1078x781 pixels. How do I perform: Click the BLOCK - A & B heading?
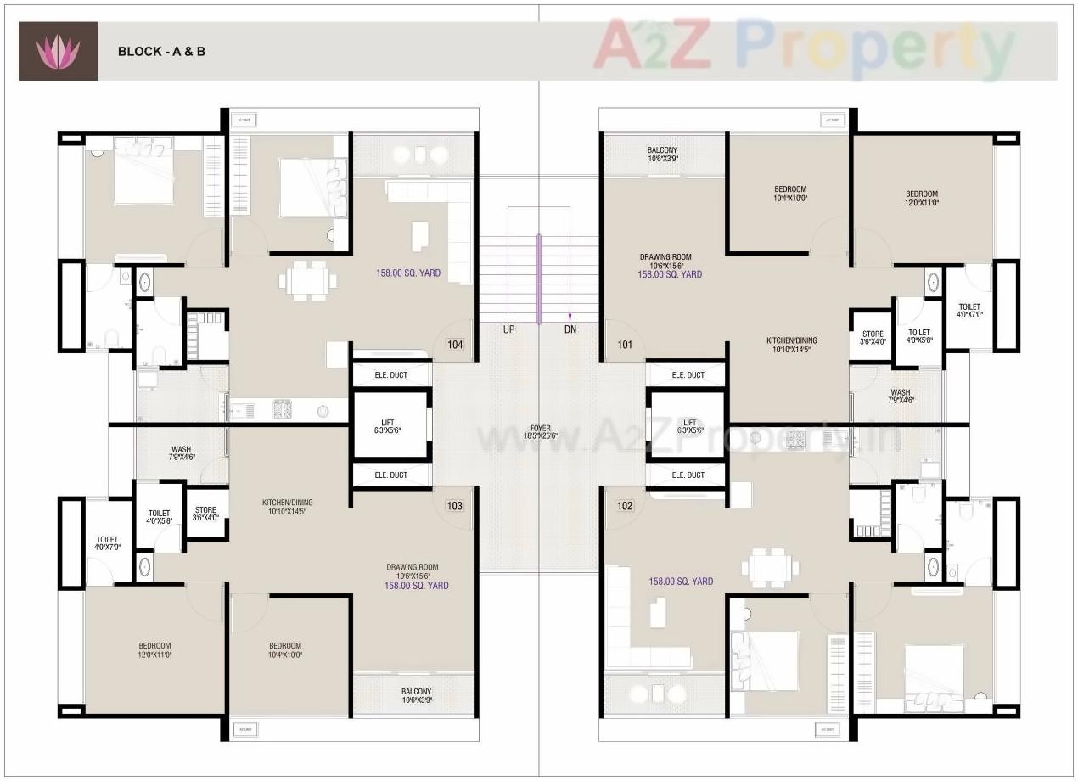click(161, 51)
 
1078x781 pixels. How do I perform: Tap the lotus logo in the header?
click(58, 52)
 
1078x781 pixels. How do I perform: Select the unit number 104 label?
click(455, 345)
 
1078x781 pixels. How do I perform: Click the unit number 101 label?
click(625, 345)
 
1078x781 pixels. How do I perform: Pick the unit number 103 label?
click(455, 506)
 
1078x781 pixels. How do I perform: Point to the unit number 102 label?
click(625, 506)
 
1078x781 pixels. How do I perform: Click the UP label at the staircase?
click(508, 329)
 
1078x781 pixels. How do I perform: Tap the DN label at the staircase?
click(570, 329)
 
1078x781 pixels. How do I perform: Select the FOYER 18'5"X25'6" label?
click(541, 431)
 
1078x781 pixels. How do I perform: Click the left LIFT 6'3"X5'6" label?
click(390, 426)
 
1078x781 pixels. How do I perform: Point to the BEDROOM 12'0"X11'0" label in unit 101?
click(921, 199)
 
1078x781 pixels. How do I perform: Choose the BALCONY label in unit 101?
click(662, 154)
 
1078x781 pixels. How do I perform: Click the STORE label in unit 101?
click(873, 338)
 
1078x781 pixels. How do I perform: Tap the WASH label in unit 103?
click(182, 453)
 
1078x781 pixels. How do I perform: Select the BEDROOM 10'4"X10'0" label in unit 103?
click(285, 650)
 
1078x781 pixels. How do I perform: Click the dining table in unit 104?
click(308, 281)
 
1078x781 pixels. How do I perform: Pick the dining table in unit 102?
click(770, 567)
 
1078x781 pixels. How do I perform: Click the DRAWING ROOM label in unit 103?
click(413, 571)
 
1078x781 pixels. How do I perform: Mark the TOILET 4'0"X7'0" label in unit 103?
click(107, 543)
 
